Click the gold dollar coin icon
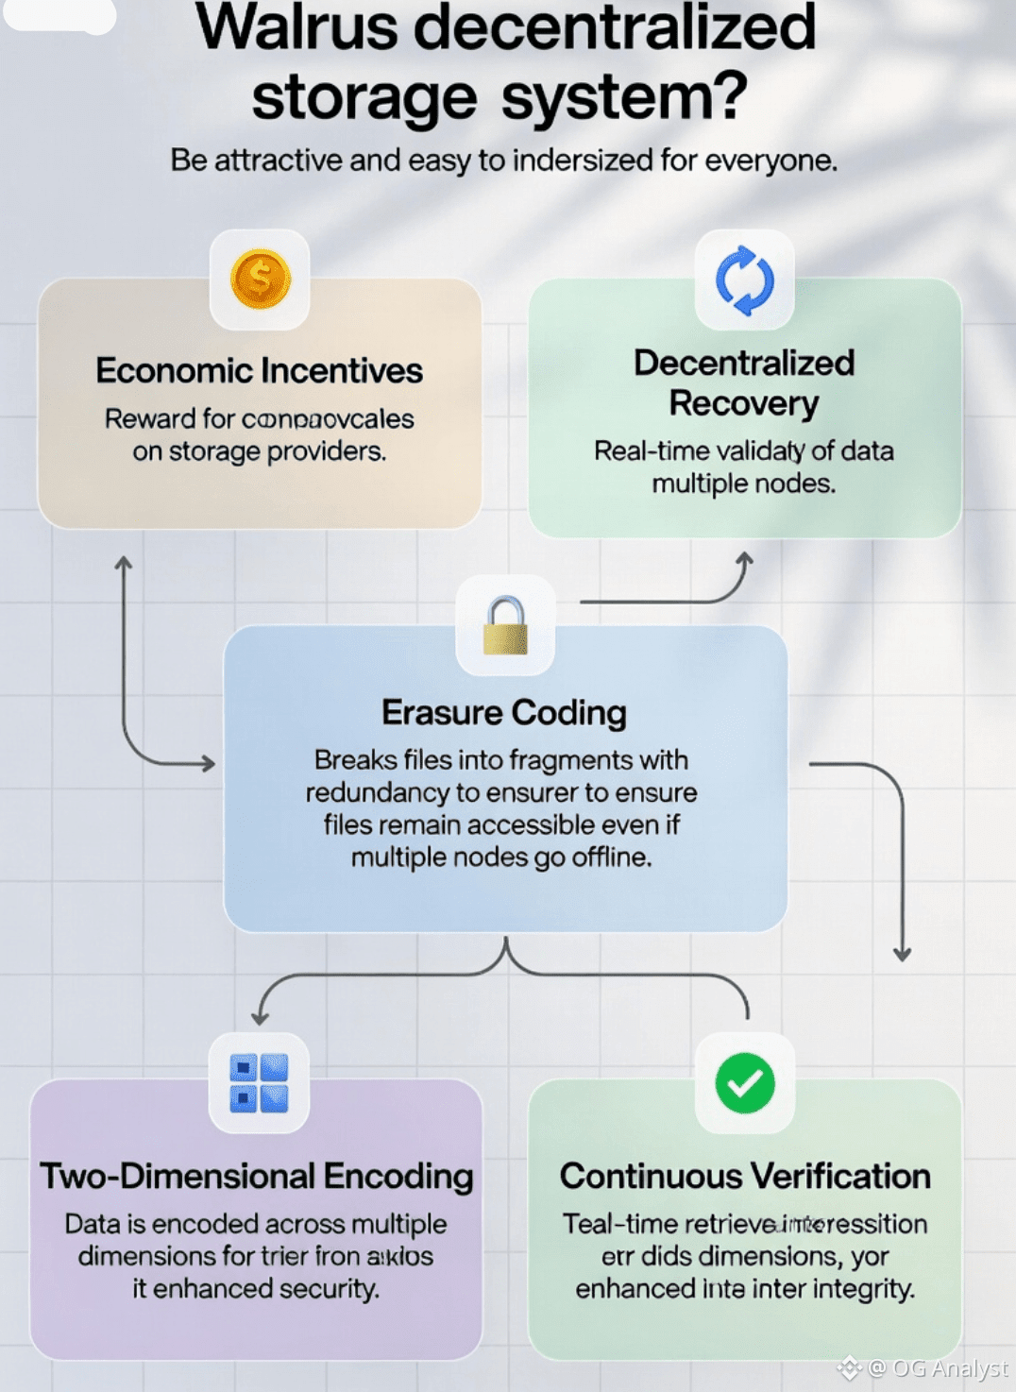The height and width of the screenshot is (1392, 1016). pyautogui.click(x=260, y=280)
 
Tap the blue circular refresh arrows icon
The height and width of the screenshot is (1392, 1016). pyautogui.click(x=745, y=280)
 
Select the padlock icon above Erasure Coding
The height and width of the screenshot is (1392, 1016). pyautogui.click(x=505, y=625)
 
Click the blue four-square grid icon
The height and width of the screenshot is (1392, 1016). pyautogui.click(x=259, y=1083)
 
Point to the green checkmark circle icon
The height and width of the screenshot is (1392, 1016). pyautogui.click(x=745, y=1083)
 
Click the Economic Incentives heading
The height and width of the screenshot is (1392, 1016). pyautogui.click(x=259, y=370)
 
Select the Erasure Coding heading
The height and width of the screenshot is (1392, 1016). pyautogui.click(x=504, y=713)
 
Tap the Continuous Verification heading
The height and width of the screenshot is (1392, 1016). pyautogui.click(x=745, y=1176)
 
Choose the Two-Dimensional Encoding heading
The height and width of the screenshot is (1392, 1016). pyautogui.click(x=256, y=1176)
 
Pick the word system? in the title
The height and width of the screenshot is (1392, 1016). pyautogui.click(x=624, y=96)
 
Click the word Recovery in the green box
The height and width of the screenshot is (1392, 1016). pyautogui.click(x=744, y=403)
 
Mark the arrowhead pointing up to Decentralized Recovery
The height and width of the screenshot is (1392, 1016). pyautogui.click(x=744, y=558)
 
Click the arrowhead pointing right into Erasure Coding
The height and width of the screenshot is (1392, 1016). pyautogui.click(x=208, y=763)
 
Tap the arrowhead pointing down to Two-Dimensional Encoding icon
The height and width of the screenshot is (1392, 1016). pyautogui.click(x=260, y=1018)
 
